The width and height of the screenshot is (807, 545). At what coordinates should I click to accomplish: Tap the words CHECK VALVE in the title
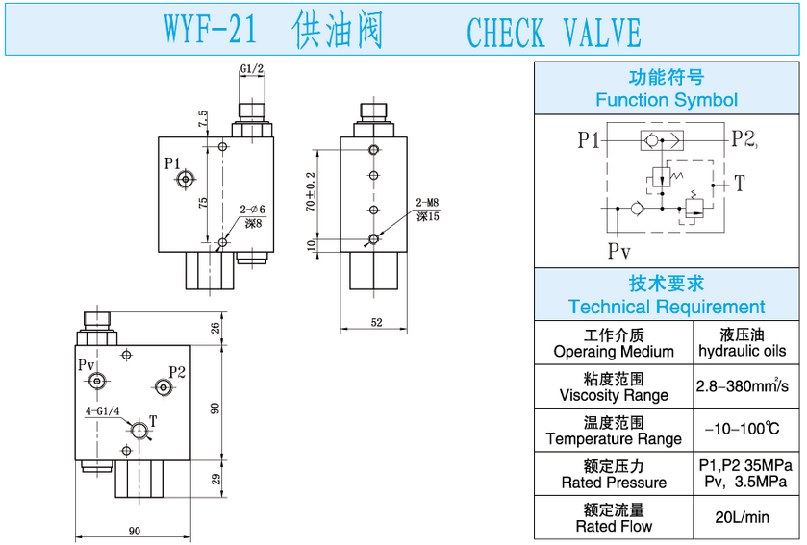553,33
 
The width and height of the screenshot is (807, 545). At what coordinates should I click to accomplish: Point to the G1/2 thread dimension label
252,68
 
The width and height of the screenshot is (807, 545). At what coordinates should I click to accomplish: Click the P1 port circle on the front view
186,179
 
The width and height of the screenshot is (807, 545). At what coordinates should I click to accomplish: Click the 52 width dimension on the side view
376,322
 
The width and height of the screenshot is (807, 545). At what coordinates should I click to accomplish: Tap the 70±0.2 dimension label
310,192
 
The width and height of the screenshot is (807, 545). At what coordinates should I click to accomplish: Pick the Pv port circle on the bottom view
96,383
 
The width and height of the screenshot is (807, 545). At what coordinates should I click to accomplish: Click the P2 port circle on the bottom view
164,387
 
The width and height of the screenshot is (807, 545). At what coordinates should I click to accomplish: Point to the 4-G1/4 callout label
102,410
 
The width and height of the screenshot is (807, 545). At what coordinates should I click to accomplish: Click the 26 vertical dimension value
215,328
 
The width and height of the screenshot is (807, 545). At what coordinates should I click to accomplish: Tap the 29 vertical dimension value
215,479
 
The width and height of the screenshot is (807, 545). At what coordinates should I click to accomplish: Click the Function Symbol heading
666,100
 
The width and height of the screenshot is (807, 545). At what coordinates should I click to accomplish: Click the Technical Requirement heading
666,308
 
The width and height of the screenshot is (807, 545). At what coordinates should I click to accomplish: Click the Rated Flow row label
614,527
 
